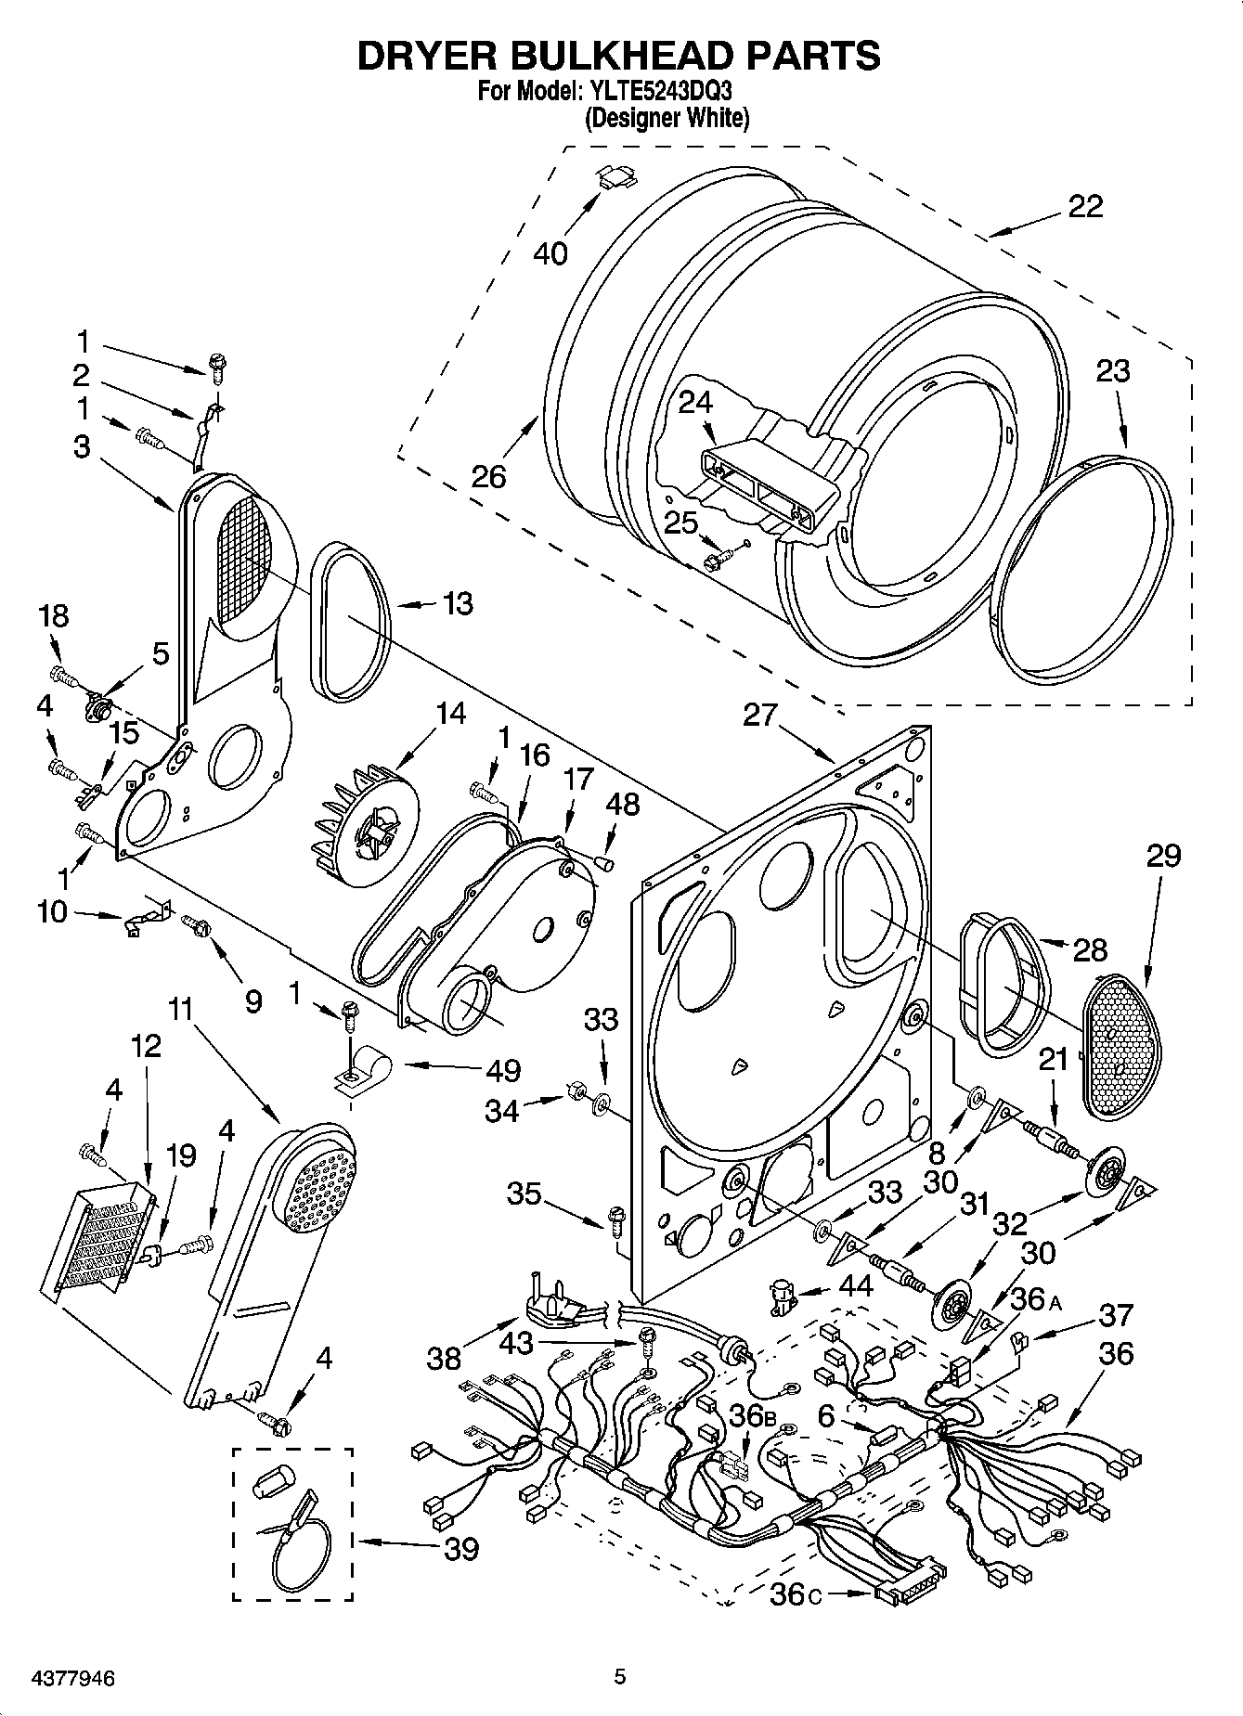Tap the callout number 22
click(x=1085, y=206)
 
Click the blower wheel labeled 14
click(x=363, y=818)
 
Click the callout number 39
click(x=461, y=1548)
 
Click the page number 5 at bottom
click(x=620, y=1676)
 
